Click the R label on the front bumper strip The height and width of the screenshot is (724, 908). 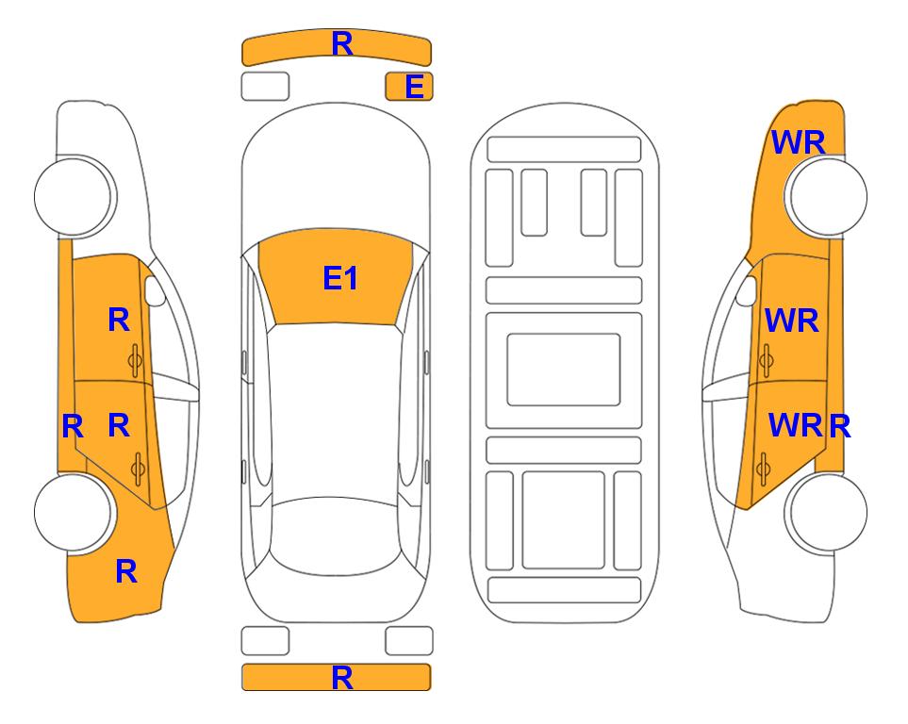(x=342, y=43)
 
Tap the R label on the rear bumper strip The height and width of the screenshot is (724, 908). (x=342, y=677)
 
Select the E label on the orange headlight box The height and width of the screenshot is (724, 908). (x=415, y=87)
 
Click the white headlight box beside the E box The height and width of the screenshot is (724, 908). (x=265, y=87)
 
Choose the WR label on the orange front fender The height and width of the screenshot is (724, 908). (x=798, y=142)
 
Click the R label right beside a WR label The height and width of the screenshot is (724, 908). (x=839, y=427)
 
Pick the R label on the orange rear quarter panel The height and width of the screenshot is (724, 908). (x=126, y=571)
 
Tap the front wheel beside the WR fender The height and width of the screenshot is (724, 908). (x=826, y=196)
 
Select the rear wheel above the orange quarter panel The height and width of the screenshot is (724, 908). (x=74, y=513)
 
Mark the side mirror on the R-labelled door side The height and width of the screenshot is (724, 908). (x=154, y=291)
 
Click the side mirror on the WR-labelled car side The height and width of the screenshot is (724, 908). (x=747, y=290)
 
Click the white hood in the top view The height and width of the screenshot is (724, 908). (x=336, y=168)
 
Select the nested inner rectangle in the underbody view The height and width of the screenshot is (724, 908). (x=564, y=370)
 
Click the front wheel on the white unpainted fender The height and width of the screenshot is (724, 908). (x=74, y=196)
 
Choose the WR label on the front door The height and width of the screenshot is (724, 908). (x=792, y=321)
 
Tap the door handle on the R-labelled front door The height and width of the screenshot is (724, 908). (x=135, y=360)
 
